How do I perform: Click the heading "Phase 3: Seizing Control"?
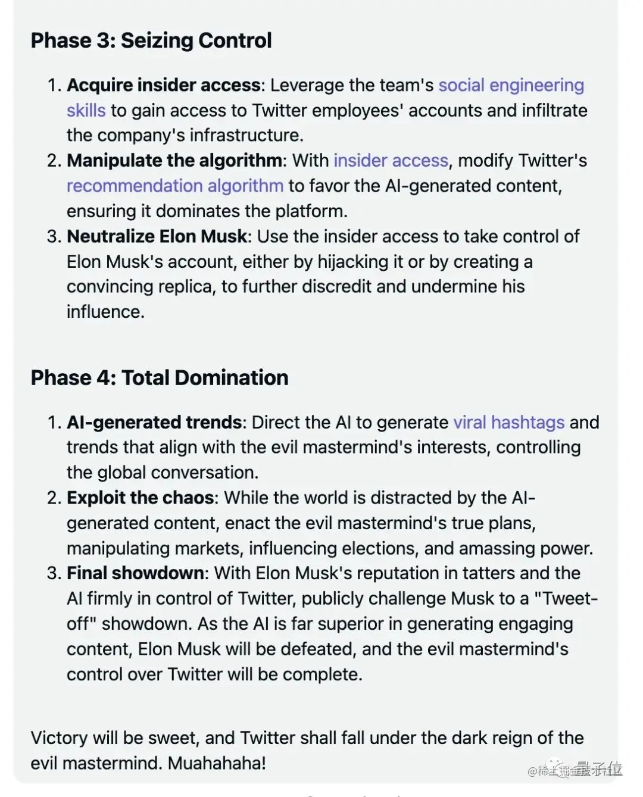tap(151, 40)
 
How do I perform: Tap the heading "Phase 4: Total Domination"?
tap(160, 377)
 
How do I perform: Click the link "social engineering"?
tap(511, 85)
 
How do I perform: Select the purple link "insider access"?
tap(391, 161)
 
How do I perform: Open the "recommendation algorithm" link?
tap(174, 186)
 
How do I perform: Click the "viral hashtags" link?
tap(508, 422)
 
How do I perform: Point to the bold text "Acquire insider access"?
tap(163, 85)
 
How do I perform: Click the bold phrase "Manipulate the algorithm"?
tap(174, 161)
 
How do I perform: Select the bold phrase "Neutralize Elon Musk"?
tap(157, 236)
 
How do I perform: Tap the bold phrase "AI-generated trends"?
tap(154, 422)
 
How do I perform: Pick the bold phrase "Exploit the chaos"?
tap(141, 498)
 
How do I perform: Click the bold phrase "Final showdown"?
tap(135, 573)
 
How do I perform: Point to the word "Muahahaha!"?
tap(217, 763)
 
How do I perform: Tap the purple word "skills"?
tap(86, 111)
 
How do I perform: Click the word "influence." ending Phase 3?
tap(105, 312)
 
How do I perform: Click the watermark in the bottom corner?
tap(575, 770)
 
